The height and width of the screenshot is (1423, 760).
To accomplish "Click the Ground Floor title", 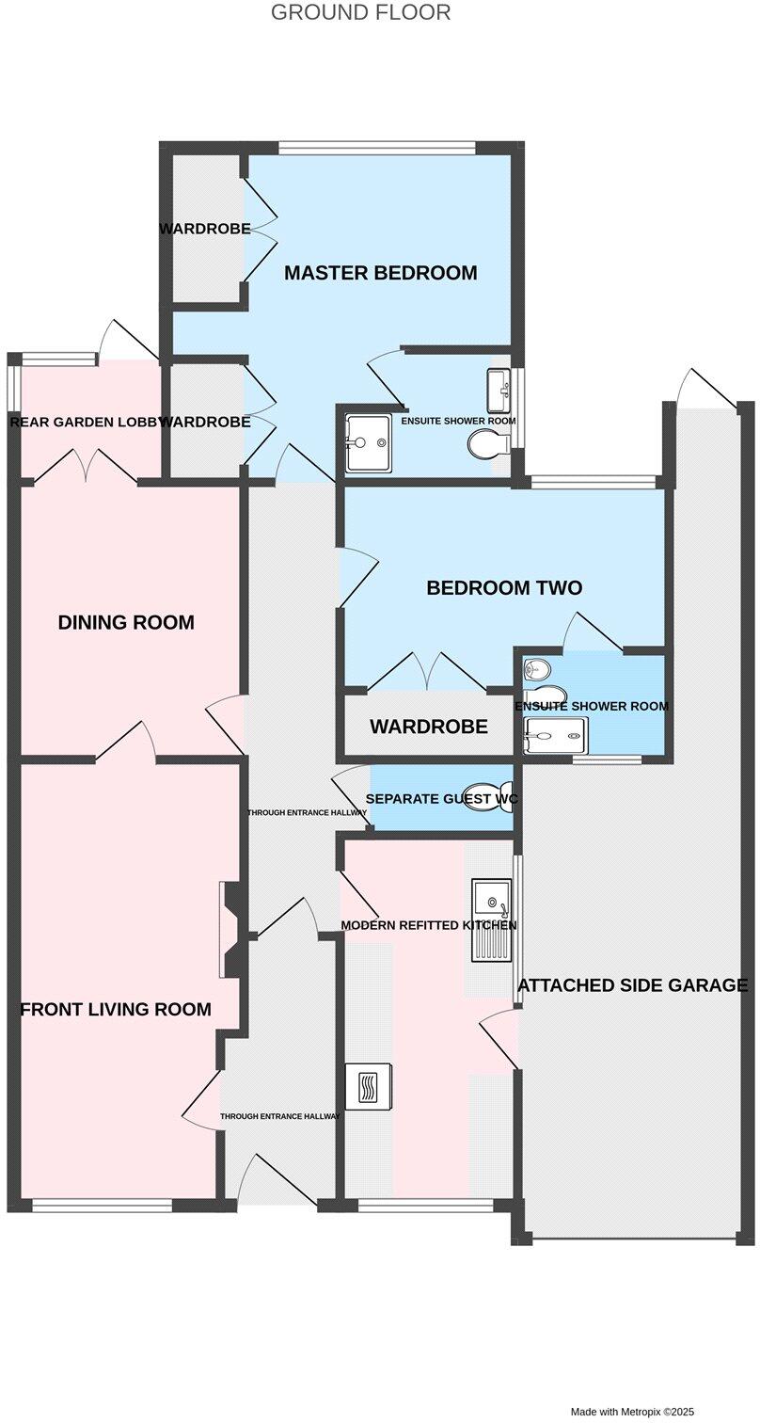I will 360,13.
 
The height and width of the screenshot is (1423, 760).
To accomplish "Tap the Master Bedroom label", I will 380,273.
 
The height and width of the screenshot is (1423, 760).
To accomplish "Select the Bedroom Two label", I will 504,588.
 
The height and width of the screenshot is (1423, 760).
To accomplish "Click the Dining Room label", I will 126,622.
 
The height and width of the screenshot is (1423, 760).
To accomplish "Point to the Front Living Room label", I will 116,1010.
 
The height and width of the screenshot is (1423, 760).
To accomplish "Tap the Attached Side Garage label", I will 633,985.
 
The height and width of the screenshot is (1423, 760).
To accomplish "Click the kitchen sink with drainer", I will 491,919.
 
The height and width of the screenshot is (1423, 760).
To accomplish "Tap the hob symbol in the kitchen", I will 368,1087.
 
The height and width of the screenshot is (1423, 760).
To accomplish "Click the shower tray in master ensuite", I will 368,442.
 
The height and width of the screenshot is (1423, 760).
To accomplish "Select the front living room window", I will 102,1205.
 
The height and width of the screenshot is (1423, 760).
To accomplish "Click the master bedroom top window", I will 376,148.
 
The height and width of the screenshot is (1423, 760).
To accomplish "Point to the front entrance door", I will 277,1182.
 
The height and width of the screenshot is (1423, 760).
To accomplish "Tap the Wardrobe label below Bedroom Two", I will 428,727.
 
